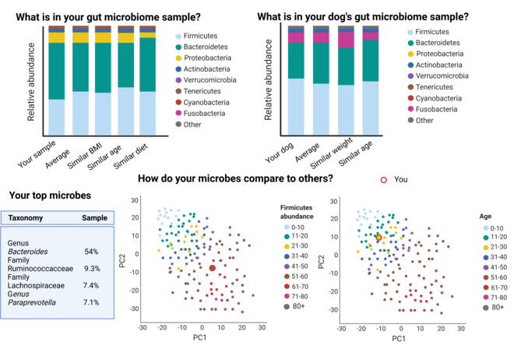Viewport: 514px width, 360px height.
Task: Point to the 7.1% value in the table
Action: tap(90, 302)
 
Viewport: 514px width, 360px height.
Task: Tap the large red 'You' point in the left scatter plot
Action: tap(213, 268)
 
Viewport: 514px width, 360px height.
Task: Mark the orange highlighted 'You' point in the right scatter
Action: tap(378, 237)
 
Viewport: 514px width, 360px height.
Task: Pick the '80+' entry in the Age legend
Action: tap(495, 309)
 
